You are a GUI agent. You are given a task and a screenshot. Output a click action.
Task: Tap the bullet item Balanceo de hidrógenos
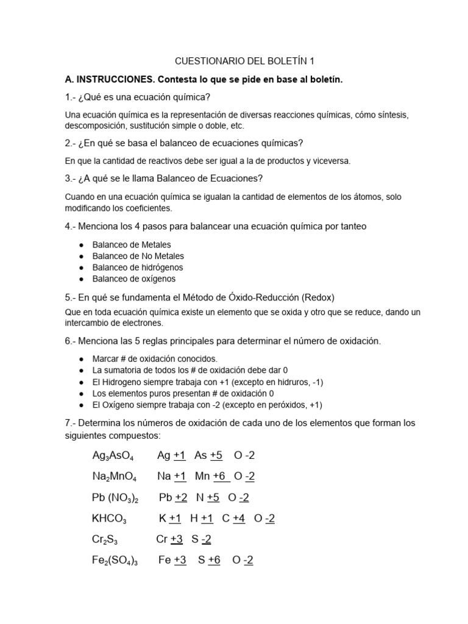point(137,268)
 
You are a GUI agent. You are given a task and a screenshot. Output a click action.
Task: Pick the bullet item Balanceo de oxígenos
point(133,278)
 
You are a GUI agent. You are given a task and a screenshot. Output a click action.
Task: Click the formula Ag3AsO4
point(113,456)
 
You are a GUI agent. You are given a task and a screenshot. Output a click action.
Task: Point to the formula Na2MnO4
point(114,477)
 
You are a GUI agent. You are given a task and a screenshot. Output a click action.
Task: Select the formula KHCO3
point(109,519)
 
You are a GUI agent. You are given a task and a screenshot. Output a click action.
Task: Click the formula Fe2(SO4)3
point(115,561)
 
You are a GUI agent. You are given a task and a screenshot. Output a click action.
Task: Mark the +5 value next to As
point(216,455)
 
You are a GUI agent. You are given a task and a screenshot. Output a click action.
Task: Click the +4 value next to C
point(239,518)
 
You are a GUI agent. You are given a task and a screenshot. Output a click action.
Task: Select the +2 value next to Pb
point(181,497)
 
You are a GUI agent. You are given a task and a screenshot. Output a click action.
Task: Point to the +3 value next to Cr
point(177,539)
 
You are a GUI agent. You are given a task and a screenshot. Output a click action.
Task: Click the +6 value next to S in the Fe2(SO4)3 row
point(214,560)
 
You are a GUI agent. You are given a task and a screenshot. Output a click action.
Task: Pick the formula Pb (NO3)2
point(115,498)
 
